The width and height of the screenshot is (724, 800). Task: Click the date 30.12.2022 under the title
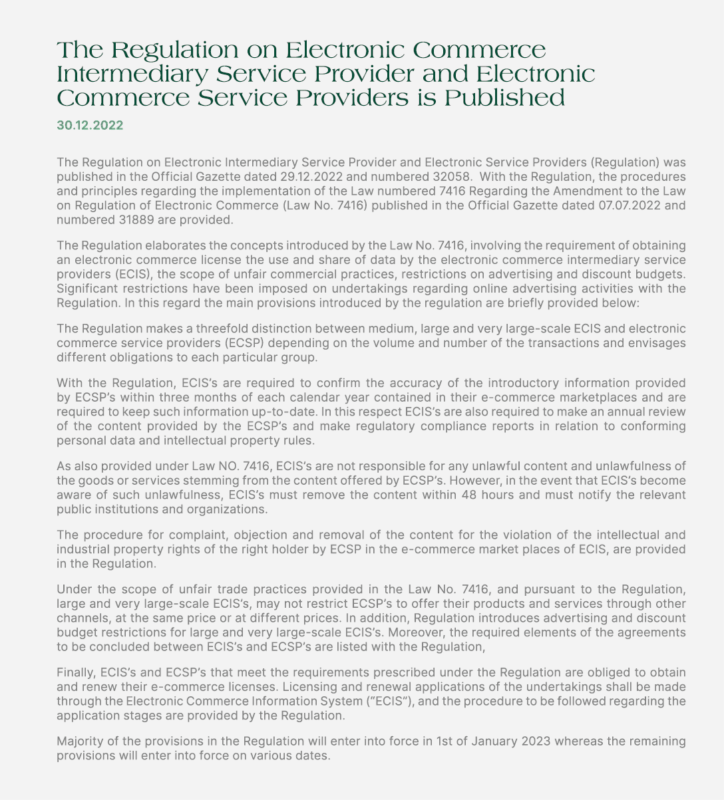(90, 125)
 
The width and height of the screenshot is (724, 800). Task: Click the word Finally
(76, 673)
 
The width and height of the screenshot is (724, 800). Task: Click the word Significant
(85, 287)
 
